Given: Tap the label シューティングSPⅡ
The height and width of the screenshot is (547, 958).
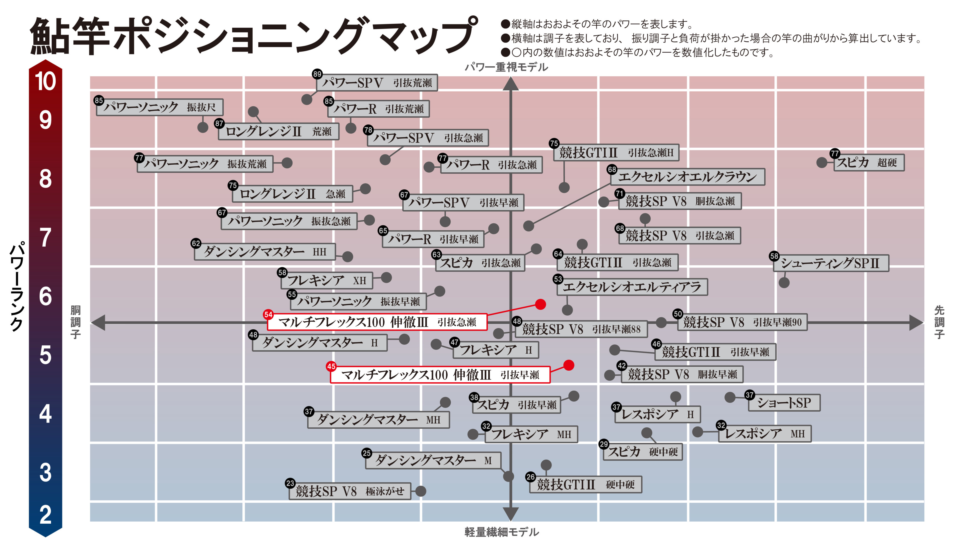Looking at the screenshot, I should [x=831, y=263].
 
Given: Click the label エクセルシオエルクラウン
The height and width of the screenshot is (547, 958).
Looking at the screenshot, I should [x=687, y=177].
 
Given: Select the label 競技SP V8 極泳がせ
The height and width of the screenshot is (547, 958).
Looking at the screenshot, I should [x=350, y=491].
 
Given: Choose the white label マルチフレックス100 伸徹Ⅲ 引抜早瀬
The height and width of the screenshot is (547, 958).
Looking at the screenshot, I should [x=440, y=375].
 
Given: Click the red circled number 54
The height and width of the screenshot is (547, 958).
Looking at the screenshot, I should [x=268, y=315].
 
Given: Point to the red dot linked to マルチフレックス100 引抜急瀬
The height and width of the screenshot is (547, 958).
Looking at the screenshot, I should [x=540, y=304].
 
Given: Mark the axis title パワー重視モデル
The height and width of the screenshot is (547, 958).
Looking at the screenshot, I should [x=506, y=67].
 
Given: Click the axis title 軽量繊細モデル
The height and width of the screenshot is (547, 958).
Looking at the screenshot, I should [x=502, y=532].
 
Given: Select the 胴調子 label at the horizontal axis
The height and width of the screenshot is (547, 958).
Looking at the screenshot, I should [x=76, y=322].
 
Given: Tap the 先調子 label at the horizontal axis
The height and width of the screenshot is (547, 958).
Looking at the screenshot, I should [x=939, y=322].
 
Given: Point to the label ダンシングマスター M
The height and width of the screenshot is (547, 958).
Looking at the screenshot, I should [x=433, y=460].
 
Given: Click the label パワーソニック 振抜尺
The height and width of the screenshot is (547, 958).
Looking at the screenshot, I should [x=160, y=107].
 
